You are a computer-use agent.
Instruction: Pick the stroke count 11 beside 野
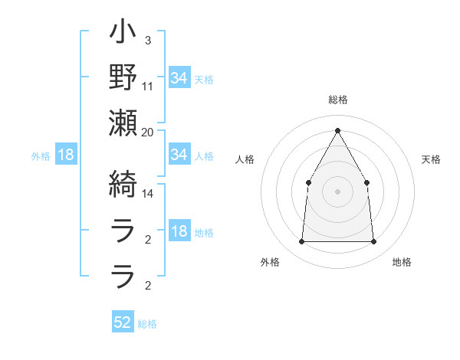tap(148, 85)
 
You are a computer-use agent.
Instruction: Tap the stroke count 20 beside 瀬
tap(148, 132)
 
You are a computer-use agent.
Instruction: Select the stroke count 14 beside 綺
tap(148, 195)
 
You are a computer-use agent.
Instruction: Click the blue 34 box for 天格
tap(179, 78)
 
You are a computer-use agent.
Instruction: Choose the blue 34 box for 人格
tap(179, 155)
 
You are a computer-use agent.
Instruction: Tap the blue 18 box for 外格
tap(66, 155)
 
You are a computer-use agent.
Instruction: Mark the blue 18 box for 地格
tap(179, 232)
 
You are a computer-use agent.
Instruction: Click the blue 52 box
tap(123, 322)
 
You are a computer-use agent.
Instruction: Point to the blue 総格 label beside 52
tap(147, 324)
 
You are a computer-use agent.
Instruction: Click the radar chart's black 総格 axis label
tap(337, 100)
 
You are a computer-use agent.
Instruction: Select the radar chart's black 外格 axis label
tap(270, 262)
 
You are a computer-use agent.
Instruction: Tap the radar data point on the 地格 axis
tap(373, 242)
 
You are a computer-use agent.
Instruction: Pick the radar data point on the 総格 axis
tap(337, 130)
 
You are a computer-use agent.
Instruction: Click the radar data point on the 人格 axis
tap(308, 182)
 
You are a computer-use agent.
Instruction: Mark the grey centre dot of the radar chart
tap(337, 191)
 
